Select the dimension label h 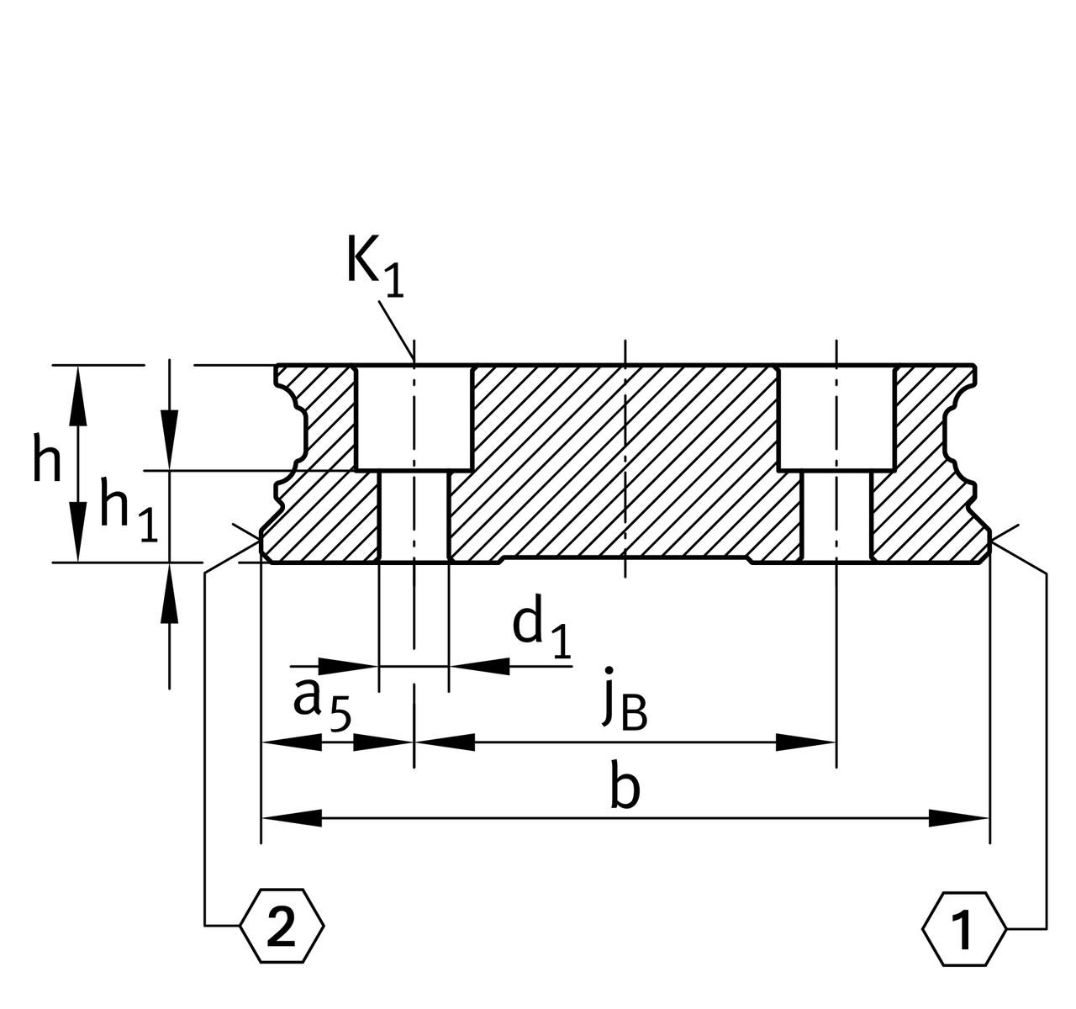point(47,461)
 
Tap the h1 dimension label point(128,509)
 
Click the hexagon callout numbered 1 point(963,927)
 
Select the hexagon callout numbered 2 point(282,927)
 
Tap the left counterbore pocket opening point(414,417)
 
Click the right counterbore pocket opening point(836,417)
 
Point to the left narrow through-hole point(414,515)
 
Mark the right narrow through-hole point(836,515)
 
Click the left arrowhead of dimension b point(290,816)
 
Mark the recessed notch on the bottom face point(624,558)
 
